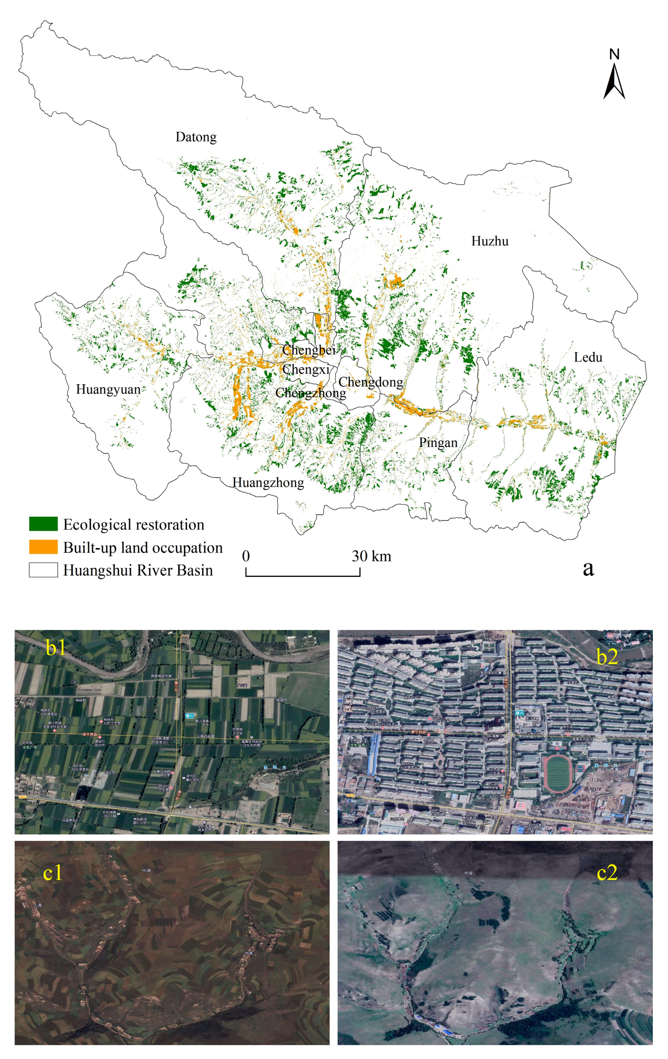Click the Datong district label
coord(196,137)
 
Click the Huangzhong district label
coord(268,482)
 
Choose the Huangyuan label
coord(108,389)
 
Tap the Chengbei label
coord(309,350)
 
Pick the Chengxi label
coord(306,369)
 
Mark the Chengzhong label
coord(310,393)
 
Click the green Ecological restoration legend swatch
coord(43,524)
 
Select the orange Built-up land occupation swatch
coord(43,547)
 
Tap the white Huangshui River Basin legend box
coord(43,570)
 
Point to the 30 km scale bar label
coord(371,556)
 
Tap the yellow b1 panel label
coord(56,647)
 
